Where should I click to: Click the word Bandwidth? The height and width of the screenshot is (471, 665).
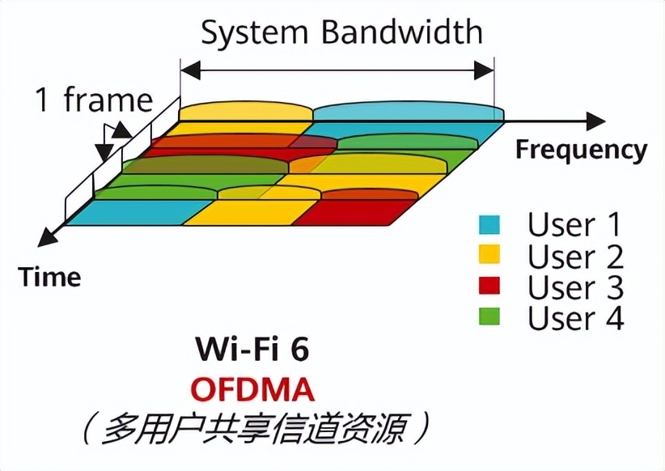click(402, 33)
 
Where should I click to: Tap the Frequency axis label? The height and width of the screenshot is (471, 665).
click(581, 150)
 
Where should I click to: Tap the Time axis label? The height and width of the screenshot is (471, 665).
click(50, 277)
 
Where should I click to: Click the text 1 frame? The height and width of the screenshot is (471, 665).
click(93, 100)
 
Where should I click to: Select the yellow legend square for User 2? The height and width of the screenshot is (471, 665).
click(489, 256)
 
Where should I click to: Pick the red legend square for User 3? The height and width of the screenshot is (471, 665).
click(489, 286)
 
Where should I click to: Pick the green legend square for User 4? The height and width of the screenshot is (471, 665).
click(489, 317)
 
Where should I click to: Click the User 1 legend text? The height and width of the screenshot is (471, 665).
click(575, 225)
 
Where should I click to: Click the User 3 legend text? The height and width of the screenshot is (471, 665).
click(575, 287)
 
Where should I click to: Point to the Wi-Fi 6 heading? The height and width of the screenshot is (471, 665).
click(252, 349)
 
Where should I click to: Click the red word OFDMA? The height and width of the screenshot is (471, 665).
click(252, 389)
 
